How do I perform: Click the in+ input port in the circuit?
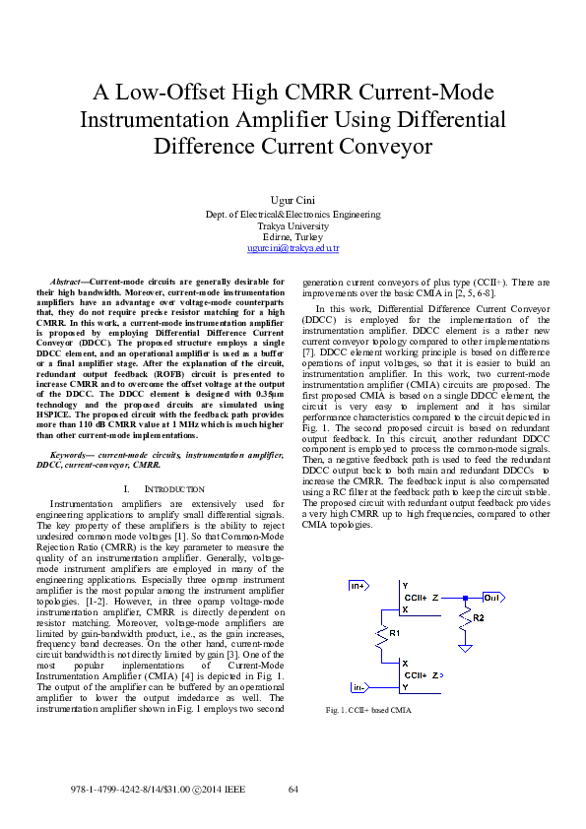(359, 587)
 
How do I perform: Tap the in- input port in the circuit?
(359, 687)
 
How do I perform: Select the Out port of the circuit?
(492, 598)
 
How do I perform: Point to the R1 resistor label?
(395, 633)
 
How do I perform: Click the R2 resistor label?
(479, 618)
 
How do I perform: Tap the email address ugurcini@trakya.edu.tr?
(293, 250)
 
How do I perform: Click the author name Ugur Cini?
(293, 200)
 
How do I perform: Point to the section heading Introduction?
(164, 489)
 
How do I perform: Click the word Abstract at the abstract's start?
(68, 283)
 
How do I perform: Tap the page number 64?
(293, 790)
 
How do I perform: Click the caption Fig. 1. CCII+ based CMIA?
(369, 710)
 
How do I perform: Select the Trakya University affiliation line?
(293, 225)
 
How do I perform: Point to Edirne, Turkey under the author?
(293, 237)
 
